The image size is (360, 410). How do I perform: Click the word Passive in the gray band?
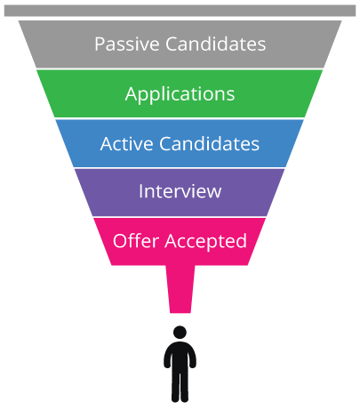tap(127, 44)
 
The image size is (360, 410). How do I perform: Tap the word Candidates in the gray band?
tap(215, 44)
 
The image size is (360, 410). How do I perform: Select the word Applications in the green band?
tap(180, 94)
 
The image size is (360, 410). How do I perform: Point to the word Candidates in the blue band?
tap(209, 144)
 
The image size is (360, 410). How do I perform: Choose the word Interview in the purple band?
tap(180, 191)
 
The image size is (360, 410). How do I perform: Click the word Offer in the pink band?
tap(136, 240)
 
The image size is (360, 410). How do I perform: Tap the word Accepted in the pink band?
tap(205, 241)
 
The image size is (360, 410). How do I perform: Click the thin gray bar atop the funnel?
tap(180, 11)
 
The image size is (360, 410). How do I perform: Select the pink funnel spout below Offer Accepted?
tap(180, 289)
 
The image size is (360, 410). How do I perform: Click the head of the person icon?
tap(180, 332)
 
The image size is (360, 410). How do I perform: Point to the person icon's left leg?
tap(175, 387)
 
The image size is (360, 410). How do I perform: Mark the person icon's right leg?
tap(184, 387)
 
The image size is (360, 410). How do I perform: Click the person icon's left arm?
tap(167, 358)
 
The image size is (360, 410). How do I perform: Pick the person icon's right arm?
tap(193, 358)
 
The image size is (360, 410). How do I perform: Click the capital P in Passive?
tap(100, 44)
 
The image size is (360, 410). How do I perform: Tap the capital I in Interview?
tap(141, 191)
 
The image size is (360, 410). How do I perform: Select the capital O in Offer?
tap(120, 240)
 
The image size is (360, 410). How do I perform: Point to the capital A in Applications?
tap(132, 93)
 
